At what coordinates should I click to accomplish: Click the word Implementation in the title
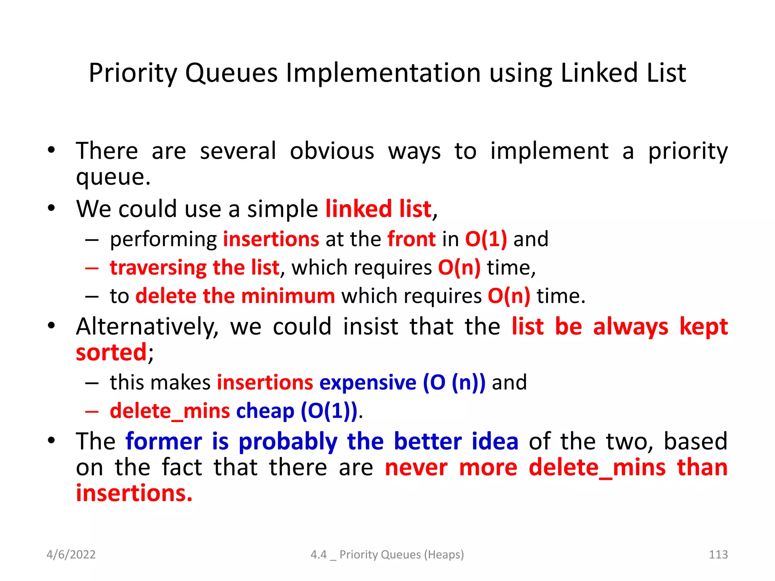pos(383,73)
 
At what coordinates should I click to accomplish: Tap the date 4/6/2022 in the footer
pos(71,554)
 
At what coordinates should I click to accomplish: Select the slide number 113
pos(718,554)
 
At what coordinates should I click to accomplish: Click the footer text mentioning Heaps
pos(387,554)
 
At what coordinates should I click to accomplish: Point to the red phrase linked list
pos(378,209)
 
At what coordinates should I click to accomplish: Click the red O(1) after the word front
pos(486,239)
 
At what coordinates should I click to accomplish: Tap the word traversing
pos(158,268)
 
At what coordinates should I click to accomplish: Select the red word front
pos(411,239)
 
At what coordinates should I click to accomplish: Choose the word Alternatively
pos(147,326)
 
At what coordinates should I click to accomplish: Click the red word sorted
pos(111,352)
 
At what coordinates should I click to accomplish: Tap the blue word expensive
pos(368,382)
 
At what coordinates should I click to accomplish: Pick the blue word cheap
pos(265,411)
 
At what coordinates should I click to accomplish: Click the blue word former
pos(164,441)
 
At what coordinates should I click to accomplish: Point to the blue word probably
pos(288,441)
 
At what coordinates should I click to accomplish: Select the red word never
pos(416,468)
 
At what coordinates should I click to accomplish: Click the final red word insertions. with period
pos(134,493)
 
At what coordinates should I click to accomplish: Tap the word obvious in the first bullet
pos(332,151)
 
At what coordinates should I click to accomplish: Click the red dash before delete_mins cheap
pos(92,411)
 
